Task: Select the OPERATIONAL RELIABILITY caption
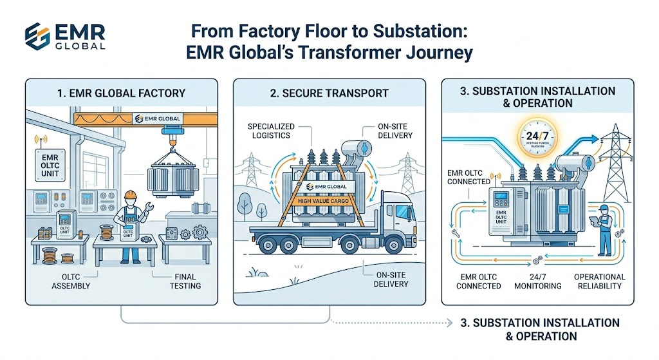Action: [x=599, y=281]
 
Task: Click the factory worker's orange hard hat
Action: [x=129, y=194]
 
